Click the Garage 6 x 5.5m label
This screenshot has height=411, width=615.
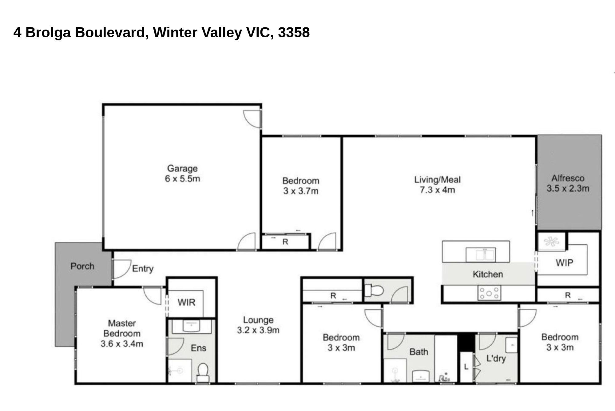click(x=182, y=173)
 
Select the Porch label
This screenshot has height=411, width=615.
click(x=82, y=266)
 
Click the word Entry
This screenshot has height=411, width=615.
click(x=143, y=269)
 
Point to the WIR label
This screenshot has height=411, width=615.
click(x=186, y=303)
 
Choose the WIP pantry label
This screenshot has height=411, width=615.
click(x=564, y=263)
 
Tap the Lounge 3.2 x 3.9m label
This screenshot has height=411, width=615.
click(x=258, y=325)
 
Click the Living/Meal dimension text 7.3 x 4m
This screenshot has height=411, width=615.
click(x=437, y=190)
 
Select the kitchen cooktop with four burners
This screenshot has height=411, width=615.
click(x=489, y=293)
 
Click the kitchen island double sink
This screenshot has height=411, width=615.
click(x=481, y=255)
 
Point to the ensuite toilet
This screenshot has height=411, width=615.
click(x=203, y=373)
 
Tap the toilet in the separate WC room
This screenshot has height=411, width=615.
click(x=374, y=290)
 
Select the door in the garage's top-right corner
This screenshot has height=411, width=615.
click(x=252, y=119)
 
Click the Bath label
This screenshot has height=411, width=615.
click(x=419, y=352)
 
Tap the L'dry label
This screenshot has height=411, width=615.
click(x=496, y=359)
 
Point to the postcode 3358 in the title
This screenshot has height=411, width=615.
click(x=294, y=32)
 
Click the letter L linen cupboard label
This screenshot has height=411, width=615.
click(x=466, y=367)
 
